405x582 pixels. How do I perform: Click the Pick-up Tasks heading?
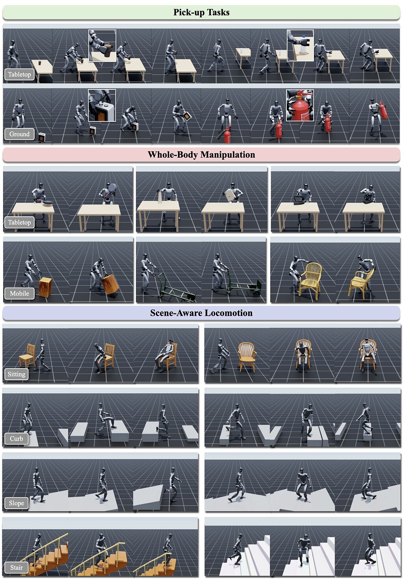click(201, 13)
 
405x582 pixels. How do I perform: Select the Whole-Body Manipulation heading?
click(201, 154)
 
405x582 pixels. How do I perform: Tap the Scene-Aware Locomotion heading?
click(201, 313)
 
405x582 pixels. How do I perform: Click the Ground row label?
click(19, 134)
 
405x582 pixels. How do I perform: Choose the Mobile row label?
click(19, 293)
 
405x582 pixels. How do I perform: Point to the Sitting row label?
click(17, 374)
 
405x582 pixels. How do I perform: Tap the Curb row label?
click(17, 439)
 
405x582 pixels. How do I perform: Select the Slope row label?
click(17, 503)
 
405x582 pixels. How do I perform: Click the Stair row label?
click(17, 568)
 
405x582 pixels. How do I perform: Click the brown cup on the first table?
click(40, 63)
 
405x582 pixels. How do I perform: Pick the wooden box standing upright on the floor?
click(45, 287)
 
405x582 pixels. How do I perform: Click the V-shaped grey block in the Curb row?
click(269, 435)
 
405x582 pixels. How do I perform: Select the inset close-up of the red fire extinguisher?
click(300, 106)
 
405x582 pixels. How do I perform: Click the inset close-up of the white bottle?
click(300, 45)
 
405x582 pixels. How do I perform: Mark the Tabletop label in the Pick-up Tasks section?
click(19, 74)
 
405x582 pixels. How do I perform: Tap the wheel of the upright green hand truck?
click(256, 293)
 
